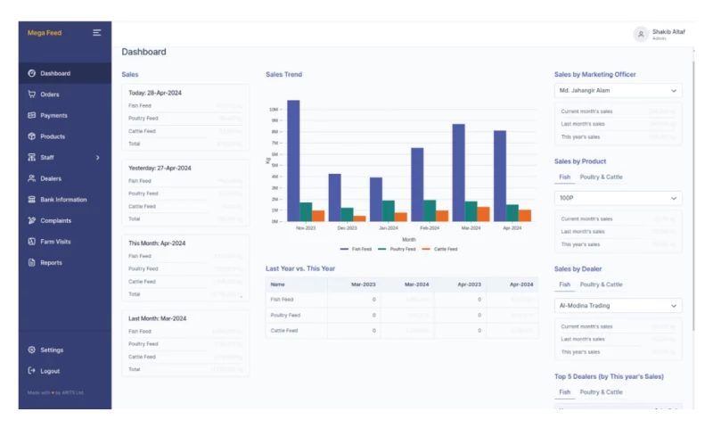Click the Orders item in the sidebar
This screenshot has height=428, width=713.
coord(49,95)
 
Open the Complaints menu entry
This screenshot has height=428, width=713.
coord(55,220)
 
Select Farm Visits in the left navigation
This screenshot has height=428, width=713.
coord(55,242)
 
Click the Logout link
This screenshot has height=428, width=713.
coord(49,371)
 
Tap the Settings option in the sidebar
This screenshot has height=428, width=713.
coord(51,350)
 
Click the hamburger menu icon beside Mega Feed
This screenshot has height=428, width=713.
coord(97,33)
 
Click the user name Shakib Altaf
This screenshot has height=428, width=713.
coord(668,32)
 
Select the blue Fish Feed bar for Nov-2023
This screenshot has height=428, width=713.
coord(293,160)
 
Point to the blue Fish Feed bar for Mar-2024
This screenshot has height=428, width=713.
coord(458,172)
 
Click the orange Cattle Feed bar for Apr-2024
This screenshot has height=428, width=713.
coord(525,215)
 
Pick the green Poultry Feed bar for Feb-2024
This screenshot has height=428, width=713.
coord(430,210)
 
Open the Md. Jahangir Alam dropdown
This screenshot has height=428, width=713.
coord(618,90)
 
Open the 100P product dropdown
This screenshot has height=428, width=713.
coord(618,198)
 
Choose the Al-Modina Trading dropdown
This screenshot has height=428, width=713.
coord(618,306)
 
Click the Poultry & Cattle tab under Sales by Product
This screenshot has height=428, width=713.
coord(601,177)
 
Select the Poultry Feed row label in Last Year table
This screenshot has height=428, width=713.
coord(284,315)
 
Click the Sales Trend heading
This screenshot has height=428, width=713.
coord(283,75)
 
